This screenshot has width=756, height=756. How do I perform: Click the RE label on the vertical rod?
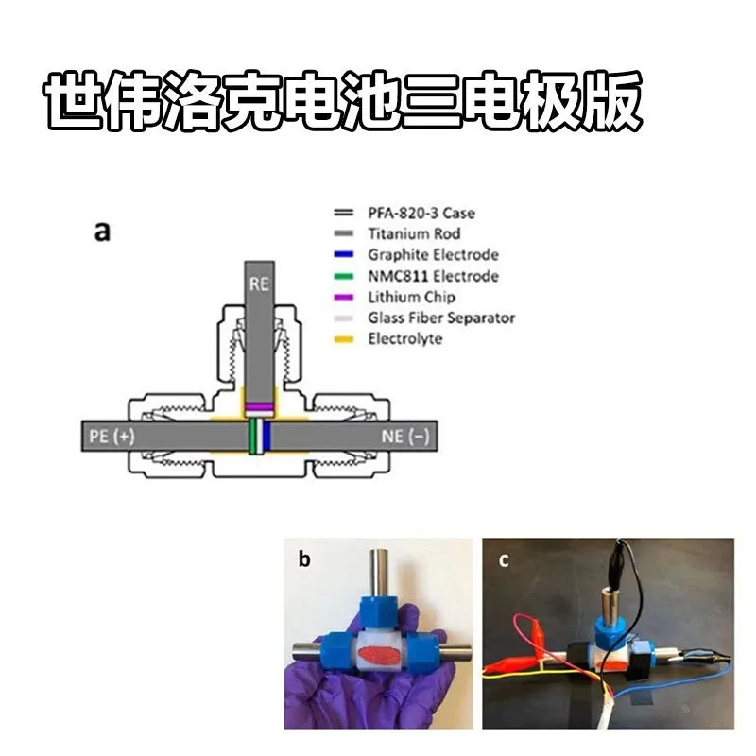(259, 283)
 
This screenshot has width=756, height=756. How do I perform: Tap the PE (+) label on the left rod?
(112, 437)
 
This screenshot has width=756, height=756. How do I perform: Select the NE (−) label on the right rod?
(405, 437)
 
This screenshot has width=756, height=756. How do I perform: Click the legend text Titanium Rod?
(414, 233)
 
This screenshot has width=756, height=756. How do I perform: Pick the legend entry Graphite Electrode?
(433, 254)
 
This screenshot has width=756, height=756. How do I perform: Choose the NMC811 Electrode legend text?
(433, 276)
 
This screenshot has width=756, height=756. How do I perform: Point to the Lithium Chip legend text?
(411, 297)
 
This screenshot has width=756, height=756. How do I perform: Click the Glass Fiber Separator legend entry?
(441, 318)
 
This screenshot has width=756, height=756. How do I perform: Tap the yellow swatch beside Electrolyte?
(344, 339)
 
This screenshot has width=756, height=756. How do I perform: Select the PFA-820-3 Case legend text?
(421, 213)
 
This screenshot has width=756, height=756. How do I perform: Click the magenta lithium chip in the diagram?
(259, 407)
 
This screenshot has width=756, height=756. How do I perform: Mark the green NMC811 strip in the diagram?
(252, 437)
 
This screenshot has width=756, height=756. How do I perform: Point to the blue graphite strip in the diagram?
(266, 437)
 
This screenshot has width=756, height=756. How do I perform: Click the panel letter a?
(102, 232)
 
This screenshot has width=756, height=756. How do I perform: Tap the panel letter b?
(304, 558)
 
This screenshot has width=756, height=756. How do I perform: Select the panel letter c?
(504, 560)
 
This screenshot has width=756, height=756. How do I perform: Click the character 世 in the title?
(75, 100)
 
